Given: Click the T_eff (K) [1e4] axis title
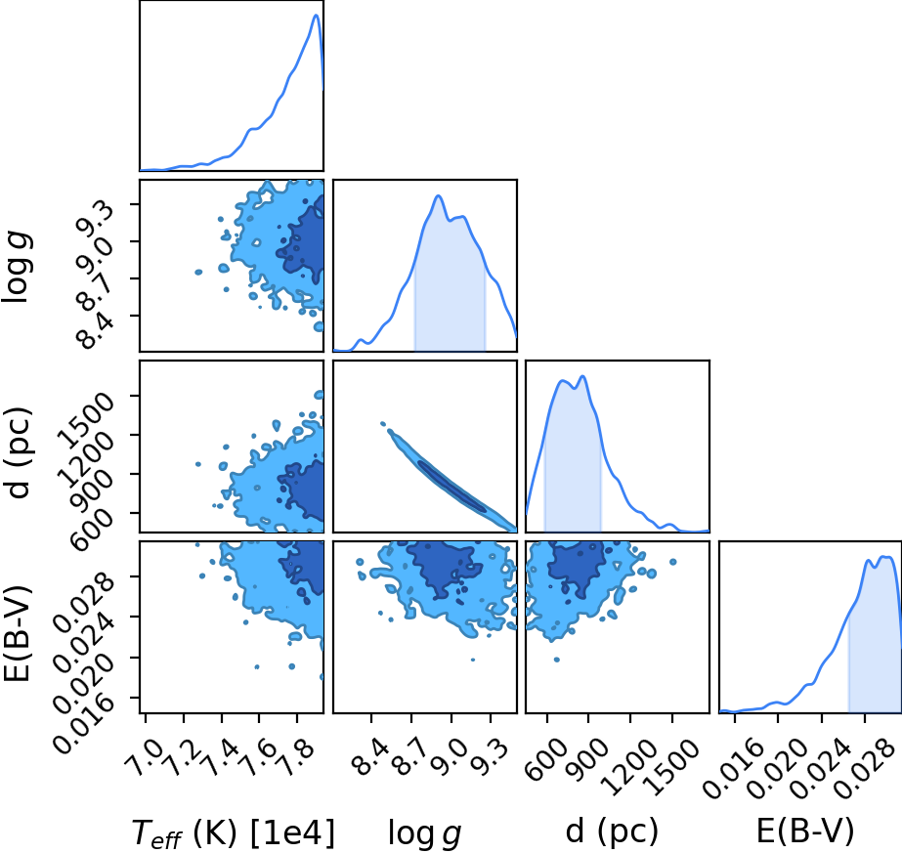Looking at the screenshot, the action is pyautogui.click(x=233, y=832).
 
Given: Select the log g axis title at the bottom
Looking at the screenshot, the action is pyautogui.click(x=424, y=832).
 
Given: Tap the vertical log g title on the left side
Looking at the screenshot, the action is pyautogui.click(x=16, y=267).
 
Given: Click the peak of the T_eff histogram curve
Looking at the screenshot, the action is pyautogui.click(x=316, y=15).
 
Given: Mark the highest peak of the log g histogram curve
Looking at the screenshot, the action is pyautogui.click(x=439, y=196).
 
